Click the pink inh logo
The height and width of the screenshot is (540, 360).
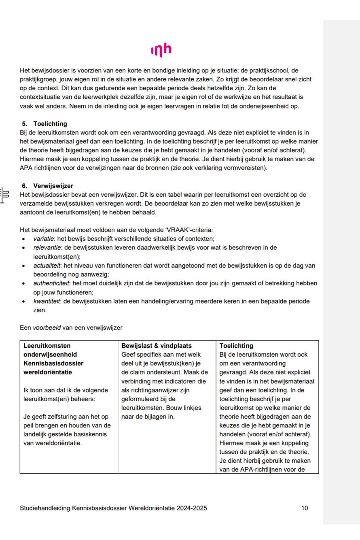pos(161,50)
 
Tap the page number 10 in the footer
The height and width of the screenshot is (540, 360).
pos(305,508)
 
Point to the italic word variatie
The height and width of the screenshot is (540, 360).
pos(44,239)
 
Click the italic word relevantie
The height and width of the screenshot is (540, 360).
pos(47,247)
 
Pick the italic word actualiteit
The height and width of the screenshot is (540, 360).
pos(47,266)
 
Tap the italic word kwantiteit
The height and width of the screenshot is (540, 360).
pos(46,302)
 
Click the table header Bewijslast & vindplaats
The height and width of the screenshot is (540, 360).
pos(157,346)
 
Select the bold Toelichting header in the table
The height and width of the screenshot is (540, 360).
pos(236,346)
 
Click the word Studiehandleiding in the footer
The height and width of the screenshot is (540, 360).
pos(45,508)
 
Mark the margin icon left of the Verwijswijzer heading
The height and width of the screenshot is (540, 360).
pos(5,195)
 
